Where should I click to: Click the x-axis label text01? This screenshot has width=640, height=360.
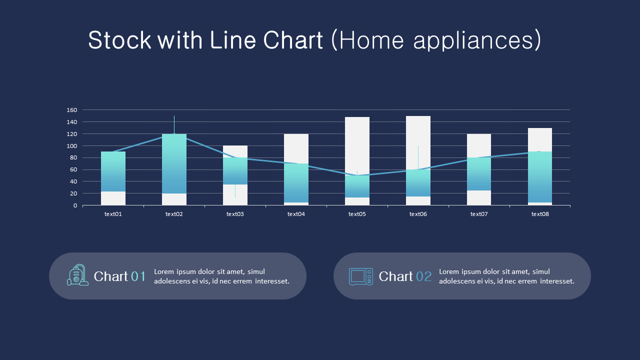pos(113,214)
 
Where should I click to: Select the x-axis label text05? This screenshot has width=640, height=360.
pos(357,214)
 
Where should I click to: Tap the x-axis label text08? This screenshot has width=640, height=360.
pos(540,214)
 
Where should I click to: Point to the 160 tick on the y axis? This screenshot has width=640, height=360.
pos(71,110)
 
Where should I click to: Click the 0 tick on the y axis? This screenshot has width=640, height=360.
pos(75,205)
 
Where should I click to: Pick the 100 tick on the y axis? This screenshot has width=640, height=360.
pos(71,146)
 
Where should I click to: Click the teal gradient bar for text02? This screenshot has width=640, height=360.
pos(174,163)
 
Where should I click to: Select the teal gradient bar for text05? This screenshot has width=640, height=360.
pos(357,186)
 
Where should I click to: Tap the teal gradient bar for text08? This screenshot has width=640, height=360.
pos(540,176)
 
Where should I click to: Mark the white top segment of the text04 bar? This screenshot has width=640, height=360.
pos(296,148)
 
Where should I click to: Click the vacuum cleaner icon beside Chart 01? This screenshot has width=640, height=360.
pos(77,275)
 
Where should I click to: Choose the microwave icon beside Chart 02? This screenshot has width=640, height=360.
pos(360,276)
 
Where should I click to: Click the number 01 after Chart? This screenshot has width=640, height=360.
pos(138,276)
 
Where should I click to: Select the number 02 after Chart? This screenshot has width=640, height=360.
pos(423,276)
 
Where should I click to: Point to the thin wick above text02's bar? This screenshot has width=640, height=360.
pos(174,124)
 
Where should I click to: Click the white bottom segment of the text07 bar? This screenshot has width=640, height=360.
pos(479,198)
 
